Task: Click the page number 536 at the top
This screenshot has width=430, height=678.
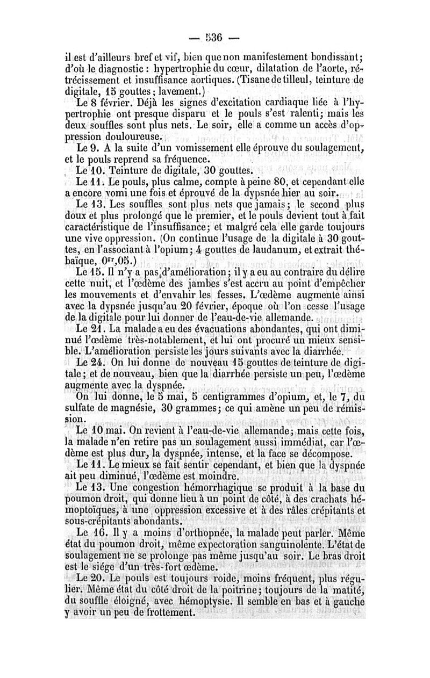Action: [214, 38]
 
